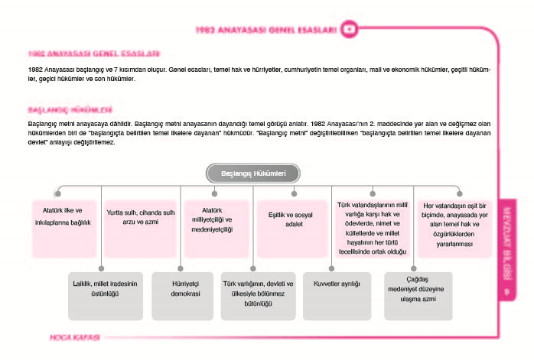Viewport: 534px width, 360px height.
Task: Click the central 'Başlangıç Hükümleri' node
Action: tap(252, 174)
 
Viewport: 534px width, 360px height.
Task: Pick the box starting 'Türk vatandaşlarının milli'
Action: tap(374, 227)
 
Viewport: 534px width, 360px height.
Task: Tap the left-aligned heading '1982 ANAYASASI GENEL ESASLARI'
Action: tap(93, 54)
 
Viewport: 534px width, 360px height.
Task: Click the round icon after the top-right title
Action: tap(350, 30)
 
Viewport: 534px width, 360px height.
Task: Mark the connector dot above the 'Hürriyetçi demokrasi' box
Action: tap(181, 267)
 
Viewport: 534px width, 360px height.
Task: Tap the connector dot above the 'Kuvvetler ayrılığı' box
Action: tap(331, 267)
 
